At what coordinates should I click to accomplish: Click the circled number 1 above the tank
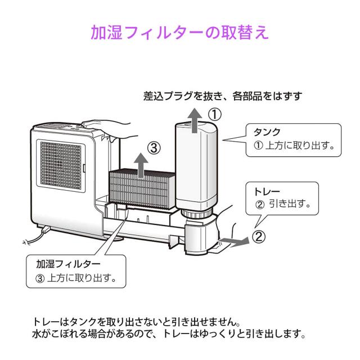click(214, 114)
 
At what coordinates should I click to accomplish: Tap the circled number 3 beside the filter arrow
click(155, 148)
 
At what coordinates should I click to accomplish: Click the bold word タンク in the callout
click(269, 132)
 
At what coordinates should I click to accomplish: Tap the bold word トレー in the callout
click(267, 192)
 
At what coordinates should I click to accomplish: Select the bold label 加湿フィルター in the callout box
click(69, 263)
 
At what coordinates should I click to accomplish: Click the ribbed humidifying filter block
click(141, 188)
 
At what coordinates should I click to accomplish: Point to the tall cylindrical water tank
click(197, 169)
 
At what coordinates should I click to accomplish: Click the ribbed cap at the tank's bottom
click(197, 217)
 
